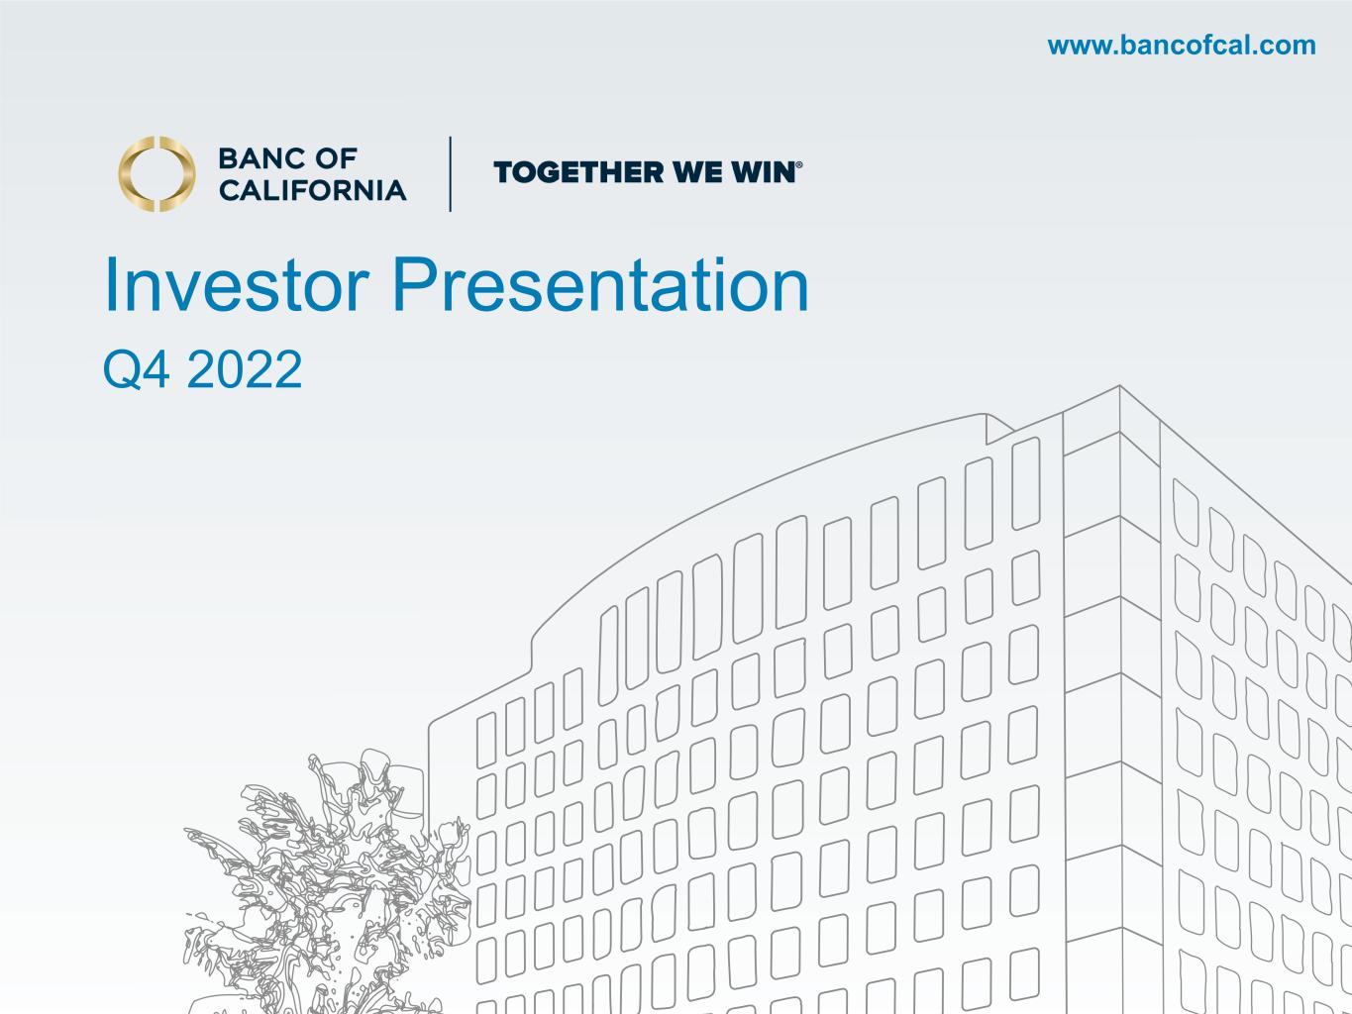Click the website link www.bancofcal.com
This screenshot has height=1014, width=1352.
1182,46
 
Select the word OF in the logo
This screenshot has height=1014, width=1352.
337,158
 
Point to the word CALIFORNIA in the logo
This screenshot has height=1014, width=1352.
313,190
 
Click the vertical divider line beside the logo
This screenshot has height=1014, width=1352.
451,174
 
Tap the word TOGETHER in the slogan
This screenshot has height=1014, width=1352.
578,172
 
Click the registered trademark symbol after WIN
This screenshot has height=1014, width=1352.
799,165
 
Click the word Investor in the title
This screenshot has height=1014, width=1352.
237,285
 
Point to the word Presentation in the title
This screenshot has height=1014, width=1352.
600,284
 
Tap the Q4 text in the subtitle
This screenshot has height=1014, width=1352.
136,369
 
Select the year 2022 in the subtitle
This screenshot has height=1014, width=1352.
245,368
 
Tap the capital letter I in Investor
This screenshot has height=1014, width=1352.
112,284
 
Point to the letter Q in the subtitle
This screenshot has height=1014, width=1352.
122,369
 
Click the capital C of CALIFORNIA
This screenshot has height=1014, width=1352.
231,190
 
